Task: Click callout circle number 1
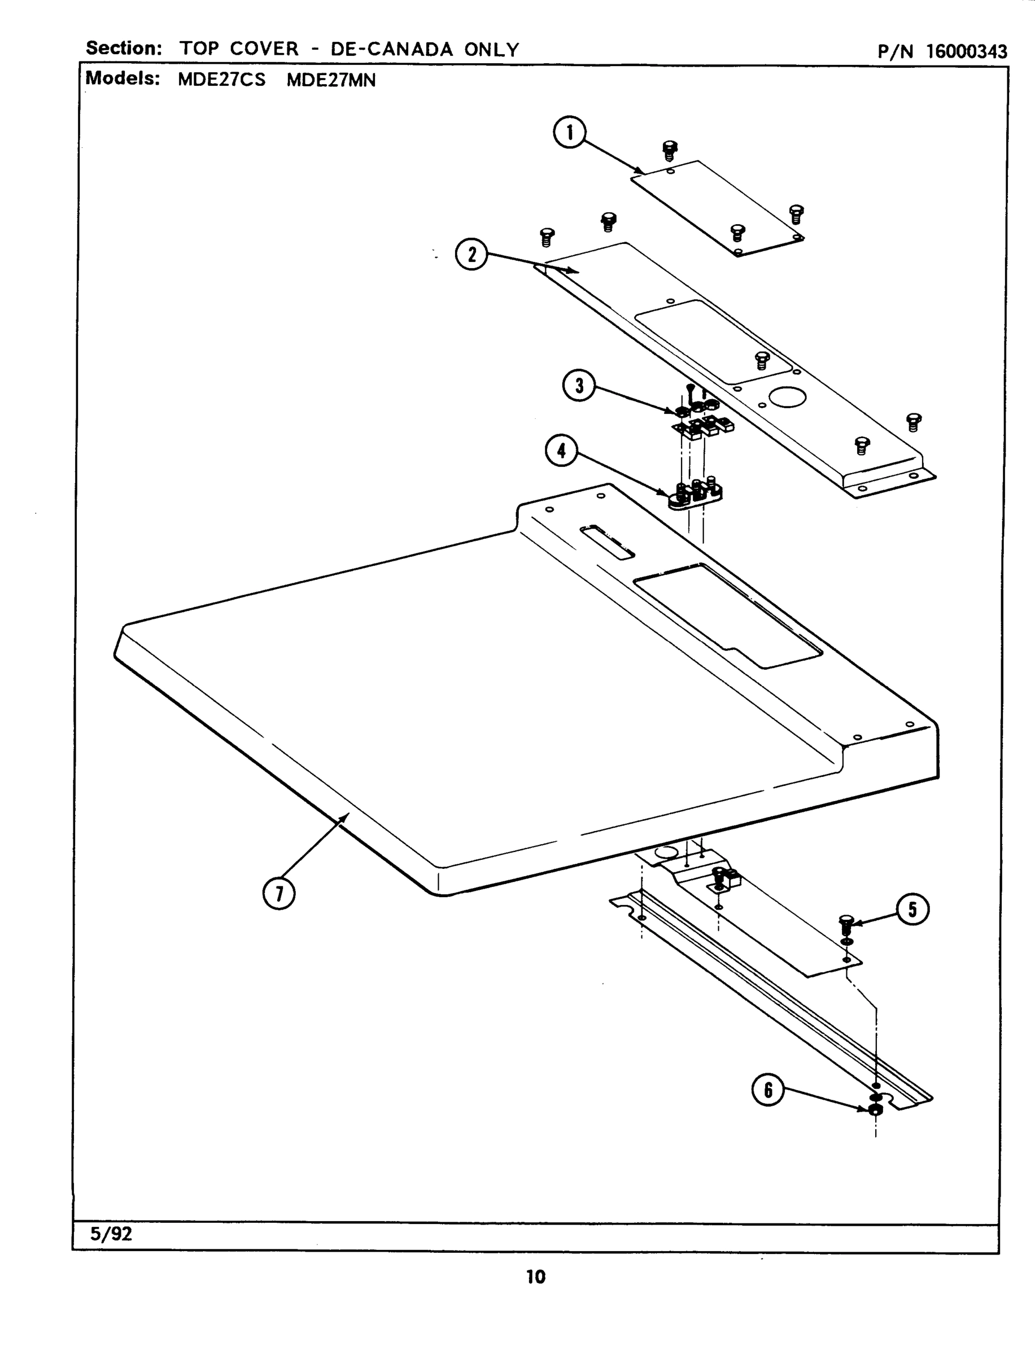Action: [x=569, y=133]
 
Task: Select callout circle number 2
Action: [x=471, y=255]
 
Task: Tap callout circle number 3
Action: [x=579, y=386]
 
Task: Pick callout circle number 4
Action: [x=561, y=451]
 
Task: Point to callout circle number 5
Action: [x=912, y=909]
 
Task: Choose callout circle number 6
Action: [x=767, y=1090]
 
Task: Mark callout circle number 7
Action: [x=279, y=894]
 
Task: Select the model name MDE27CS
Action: [x=222, y=80]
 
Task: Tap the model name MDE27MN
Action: [x=331, y=80]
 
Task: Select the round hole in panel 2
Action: [x=787, y=397]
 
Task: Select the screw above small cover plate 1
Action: [x=670, y=149]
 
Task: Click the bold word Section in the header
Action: [x=123, y=48]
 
